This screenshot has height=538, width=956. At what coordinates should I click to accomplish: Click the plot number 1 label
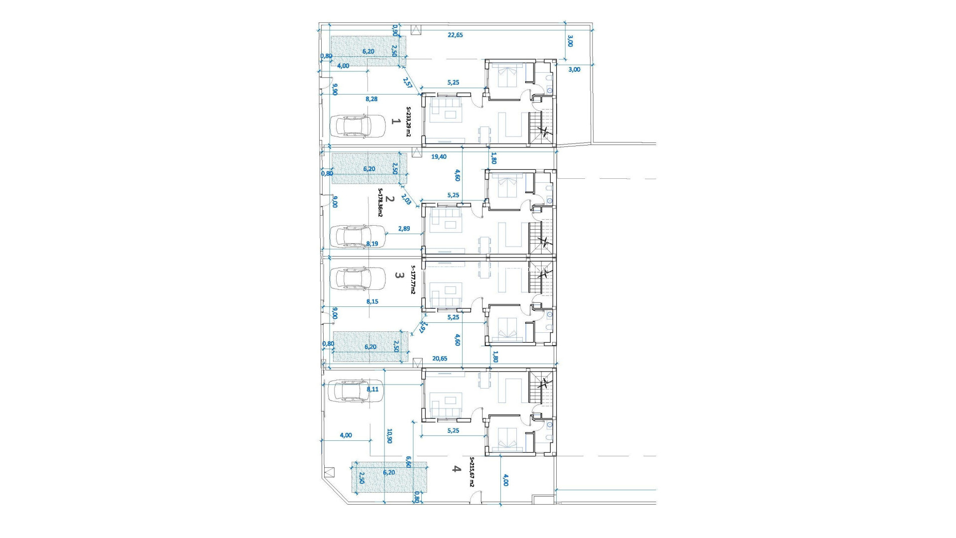coord(396,121)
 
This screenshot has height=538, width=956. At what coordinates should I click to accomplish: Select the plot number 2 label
coord(390,199)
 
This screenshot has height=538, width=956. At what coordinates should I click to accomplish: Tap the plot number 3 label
coord(398,274)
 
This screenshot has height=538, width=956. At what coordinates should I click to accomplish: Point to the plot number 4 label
coord(456,468)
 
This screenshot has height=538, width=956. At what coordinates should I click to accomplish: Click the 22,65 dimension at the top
coord(455,35)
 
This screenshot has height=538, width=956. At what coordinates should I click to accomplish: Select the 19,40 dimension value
coord(439,156)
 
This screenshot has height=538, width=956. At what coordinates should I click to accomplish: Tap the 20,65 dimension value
coord(440,358)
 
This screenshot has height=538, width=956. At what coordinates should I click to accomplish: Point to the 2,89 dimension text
coord(404,229)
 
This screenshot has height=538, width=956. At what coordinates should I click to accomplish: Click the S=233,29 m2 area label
coord(409,122)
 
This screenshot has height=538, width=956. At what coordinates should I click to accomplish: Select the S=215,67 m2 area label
coord(472,472)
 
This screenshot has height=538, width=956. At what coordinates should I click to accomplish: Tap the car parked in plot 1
coord(358,126)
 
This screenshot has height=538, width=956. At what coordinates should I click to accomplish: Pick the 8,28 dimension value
coord(371,99)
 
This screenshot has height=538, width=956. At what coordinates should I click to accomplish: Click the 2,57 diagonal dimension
coord(407,83)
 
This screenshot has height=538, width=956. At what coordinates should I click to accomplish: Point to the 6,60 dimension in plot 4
coord(409,462)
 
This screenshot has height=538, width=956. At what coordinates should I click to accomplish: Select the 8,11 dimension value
coord(372,390)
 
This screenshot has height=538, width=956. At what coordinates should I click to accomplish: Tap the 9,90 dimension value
coord(335,89)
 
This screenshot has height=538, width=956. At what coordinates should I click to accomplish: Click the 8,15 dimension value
coord(372,301)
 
